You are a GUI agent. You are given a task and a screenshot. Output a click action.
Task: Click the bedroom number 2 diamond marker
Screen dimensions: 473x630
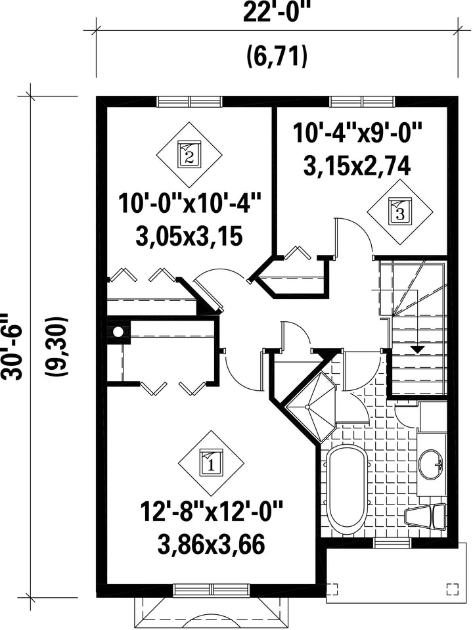click(x=189, y=152)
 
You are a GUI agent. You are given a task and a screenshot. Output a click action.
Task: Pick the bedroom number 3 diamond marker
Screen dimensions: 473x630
click(x=401, y=212)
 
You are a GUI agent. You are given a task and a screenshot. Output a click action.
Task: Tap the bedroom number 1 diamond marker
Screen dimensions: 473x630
click(x=211, y=464)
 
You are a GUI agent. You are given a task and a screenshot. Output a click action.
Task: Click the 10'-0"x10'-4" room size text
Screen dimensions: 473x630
click(x=190, y=203)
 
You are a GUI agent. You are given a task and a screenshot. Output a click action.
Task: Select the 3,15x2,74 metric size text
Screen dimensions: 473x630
click(x=357, y=166)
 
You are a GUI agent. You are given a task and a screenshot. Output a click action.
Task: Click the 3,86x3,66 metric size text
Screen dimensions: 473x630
click(x=212, y=545)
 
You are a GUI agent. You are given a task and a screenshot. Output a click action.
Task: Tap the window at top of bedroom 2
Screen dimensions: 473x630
click(x=189, y=102)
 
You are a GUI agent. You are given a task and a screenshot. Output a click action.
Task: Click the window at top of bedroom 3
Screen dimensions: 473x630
click(x=363, y=102)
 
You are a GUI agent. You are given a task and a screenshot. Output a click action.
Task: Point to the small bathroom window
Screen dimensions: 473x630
click(x=392, y=543)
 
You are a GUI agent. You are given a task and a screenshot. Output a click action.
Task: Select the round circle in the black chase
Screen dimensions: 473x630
click(x=118, y=332)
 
